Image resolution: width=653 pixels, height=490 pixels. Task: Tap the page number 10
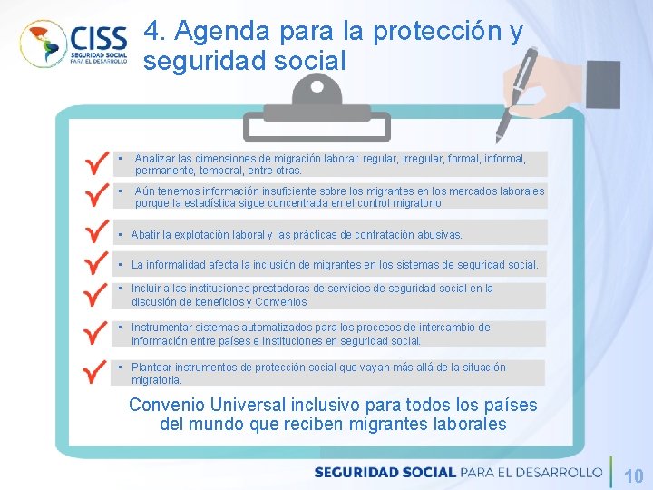[634, 475]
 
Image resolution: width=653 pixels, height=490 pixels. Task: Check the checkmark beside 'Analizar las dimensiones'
[94, 163]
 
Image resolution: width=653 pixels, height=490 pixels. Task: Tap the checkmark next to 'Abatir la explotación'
[94, 232]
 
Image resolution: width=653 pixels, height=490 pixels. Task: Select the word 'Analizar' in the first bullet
[155, 158]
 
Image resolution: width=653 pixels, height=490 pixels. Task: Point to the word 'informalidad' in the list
[177, 265]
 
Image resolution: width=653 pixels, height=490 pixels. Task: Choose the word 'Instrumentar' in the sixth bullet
[163, 328]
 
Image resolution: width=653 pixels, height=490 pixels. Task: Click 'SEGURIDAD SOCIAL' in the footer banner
[385, 472]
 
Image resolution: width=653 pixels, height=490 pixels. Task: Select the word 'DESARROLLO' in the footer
[558, 472]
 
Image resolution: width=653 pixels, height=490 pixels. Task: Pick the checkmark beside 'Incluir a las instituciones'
[94, 295]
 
